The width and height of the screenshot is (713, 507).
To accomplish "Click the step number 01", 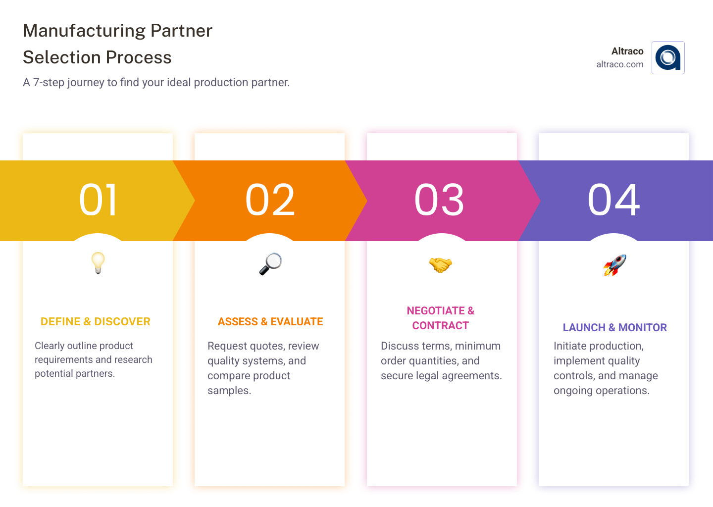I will [98, 200].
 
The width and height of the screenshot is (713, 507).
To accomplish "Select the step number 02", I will [270, 200].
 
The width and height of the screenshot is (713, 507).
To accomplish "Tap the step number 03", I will [439, 200].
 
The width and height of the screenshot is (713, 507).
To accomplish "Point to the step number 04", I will [613, 200].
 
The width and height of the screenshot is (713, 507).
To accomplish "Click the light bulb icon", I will [98, 263].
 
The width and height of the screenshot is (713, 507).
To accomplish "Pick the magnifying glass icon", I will [270, 264].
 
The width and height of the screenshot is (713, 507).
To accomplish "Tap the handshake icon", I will [440, 264].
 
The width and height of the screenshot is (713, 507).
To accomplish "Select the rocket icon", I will [614, 265].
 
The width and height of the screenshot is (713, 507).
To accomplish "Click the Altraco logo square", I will [668, 57].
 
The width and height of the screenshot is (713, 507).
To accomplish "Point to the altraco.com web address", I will [619, 64].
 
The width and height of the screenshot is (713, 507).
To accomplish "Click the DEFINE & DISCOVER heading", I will [96, 322].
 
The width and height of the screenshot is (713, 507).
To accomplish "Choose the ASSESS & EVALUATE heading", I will [270, 322].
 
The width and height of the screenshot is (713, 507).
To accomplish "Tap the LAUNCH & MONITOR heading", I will [614, 328].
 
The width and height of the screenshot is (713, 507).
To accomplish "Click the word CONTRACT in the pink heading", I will [440, 326].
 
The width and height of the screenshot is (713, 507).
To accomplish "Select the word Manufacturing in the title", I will [84, 31].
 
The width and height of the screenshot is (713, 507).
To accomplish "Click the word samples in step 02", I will [228, 391].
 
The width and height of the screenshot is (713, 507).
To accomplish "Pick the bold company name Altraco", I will [627, 51].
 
